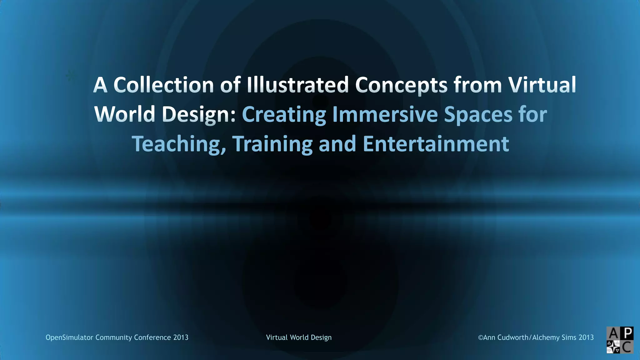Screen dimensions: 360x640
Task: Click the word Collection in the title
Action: (163, 85)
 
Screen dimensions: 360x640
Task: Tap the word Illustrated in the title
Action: (297, 85)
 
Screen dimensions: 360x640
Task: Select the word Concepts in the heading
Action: (401, 85)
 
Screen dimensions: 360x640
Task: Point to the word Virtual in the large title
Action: (542, 85)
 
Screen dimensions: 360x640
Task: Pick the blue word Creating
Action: (284, 114)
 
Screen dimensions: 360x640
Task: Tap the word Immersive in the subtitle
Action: (385, 114)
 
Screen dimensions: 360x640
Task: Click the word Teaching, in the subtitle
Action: (179, 144)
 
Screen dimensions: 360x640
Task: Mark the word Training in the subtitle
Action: (272, 144)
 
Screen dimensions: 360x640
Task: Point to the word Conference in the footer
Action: (152, 337)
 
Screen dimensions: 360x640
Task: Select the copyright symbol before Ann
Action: (481, 337)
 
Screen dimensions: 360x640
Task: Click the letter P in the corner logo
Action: (627, 333)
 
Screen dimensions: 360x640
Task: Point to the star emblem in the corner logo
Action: (613, 347)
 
